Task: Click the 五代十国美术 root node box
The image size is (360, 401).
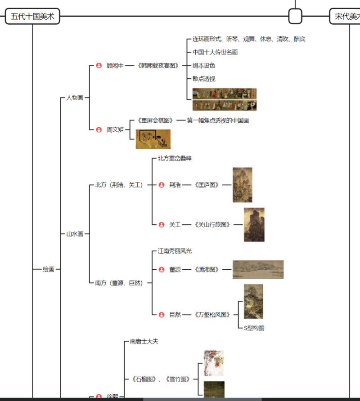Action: [x=32, y=17]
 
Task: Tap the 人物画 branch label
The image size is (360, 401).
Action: [x=75, y=98]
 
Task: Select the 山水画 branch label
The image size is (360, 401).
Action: [x=75, y=234]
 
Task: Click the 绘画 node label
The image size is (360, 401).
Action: [x=49, y=269]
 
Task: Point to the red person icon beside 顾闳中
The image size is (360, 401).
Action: [x=99, y=66]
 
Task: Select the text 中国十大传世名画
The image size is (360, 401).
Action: [x=215, y=52]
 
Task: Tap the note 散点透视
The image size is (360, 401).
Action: [x=204, y=79]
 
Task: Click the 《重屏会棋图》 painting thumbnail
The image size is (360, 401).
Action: [x=153, y=139]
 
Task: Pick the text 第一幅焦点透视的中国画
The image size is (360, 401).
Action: [x=218, y=120]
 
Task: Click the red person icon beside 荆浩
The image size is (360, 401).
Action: [x=162, y=185]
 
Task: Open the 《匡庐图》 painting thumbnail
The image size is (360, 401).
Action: [x=242, y=185]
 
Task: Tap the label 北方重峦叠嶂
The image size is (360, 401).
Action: [x=175, y=158]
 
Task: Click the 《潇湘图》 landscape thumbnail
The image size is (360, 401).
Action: [x=258, y=269]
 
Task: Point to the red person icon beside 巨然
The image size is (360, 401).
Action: [x=162, y=315]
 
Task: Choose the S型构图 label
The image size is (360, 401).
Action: [x=254, y=328]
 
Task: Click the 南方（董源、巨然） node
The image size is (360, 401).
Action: [x=119, y=283]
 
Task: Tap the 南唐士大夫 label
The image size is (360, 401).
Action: [x=144, y=342]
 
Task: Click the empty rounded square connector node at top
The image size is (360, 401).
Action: [x=295, y=17]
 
